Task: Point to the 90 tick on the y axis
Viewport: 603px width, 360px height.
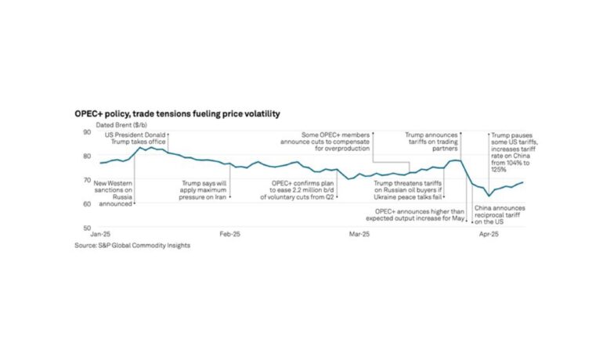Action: tap(87, 132)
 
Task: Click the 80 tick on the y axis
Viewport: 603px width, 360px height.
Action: tap(87, 157)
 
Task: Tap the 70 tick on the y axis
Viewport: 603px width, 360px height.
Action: tap(87, 180)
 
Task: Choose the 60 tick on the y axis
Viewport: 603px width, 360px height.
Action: tap(87, 204)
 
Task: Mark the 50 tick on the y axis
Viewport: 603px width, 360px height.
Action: tap(87, 229)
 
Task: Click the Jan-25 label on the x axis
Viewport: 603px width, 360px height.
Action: tap(99, 235)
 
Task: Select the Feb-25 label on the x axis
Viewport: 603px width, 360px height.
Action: tap(229, 235)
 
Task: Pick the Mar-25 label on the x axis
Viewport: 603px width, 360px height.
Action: tap(359, 235)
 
